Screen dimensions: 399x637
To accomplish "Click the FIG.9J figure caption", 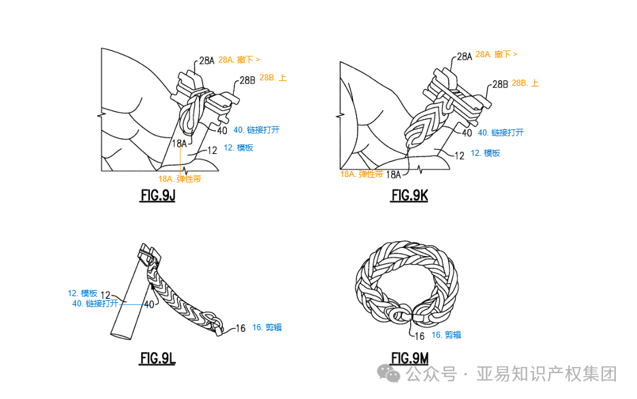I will click(157, 195).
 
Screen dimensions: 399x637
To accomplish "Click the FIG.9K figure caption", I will click(409, 195).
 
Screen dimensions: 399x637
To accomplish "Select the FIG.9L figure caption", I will click(157, 358).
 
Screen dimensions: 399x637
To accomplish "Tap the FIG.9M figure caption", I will click(410, 358).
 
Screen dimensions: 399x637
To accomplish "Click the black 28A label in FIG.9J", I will click(206, 61).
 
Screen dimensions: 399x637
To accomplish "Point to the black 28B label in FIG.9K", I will click(500, 84).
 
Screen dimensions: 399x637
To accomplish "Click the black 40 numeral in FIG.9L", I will click(149, 304).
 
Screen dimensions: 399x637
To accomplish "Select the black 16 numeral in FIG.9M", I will click(420, 336).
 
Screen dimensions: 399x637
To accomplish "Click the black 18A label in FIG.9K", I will click(393, 174).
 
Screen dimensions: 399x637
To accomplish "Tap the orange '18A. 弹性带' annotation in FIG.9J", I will click(179, 179).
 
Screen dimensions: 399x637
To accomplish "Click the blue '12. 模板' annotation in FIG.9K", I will click(485, 153).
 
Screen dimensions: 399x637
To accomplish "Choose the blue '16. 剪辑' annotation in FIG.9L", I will click(266, 328).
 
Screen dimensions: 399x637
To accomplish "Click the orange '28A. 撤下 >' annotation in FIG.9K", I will click(496, 54).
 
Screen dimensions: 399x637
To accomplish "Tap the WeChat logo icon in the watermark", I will click(390, 374).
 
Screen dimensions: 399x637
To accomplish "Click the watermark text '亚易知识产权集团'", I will click(546, 374).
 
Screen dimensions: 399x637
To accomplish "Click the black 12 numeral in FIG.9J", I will click(212, 150).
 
